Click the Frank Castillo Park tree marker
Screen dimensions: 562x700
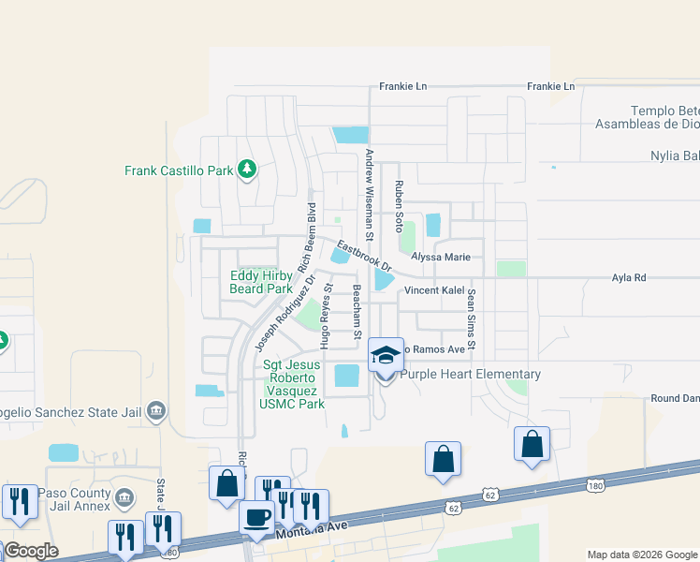point(247,170)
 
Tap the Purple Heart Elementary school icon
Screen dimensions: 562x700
point(386,356)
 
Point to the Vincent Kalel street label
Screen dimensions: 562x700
point(434,291)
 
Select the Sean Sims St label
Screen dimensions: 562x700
point(472,320)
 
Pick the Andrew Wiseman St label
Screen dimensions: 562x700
point(370,195)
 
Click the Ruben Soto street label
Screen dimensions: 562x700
point(399,207)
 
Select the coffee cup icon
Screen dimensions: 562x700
point(256,517)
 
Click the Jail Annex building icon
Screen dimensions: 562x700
point(124,495)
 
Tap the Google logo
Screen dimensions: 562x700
point(30,551)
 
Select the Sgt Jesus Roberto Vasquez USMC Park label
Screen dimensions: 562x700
point(292,384)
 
